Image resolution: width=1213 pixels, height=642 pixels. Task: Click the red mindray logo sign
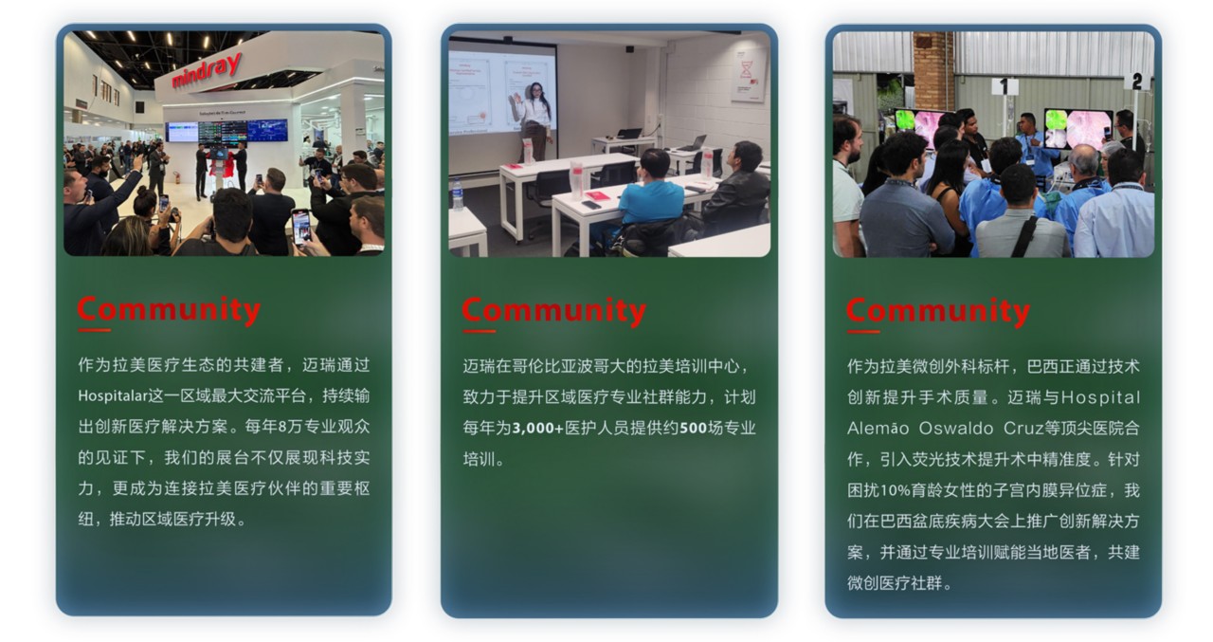coord(207,70)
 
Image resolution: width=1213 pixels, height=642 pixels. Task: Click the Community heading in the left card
coord(169,310)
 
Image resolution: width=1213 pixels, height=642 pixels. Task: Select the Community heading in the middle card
coord(554,311)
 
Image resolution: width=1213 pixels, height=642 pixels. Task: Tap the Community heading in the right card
coord(938,311)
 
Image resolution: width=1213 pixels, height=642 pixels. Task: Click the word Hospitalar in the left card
coord(113,396)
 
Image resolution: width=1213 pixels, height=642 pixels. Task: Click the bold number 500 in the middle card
coord(693,428)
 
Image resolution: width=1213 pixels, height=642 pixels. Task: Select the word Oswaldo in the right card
coord(956,428)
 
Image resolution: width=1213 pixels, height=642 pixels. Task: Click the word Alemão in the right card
coord(878,428)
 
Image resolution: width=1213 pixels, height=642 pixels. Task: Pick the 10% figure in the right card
coord(895,490)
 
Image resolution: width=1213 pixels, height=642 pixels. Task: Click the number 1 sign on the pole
coord(1005,86)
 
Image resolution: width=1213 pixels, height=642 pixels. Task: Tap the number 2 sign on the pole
coord(1136,82)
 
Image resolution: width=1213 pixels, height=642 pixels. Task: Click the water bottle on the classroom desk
coord(458,194)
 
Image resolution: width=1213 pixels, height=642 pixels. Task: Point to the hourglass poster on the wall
coord(750,75)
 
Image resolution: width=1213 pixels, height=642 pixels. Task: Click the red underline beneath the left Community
coord(94,330)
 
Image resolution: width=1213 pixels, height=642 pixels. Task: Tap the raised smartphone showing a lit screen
coord(301,228)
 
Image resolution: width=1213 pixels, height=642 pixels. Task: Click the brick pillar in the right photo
coord(933,67)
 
